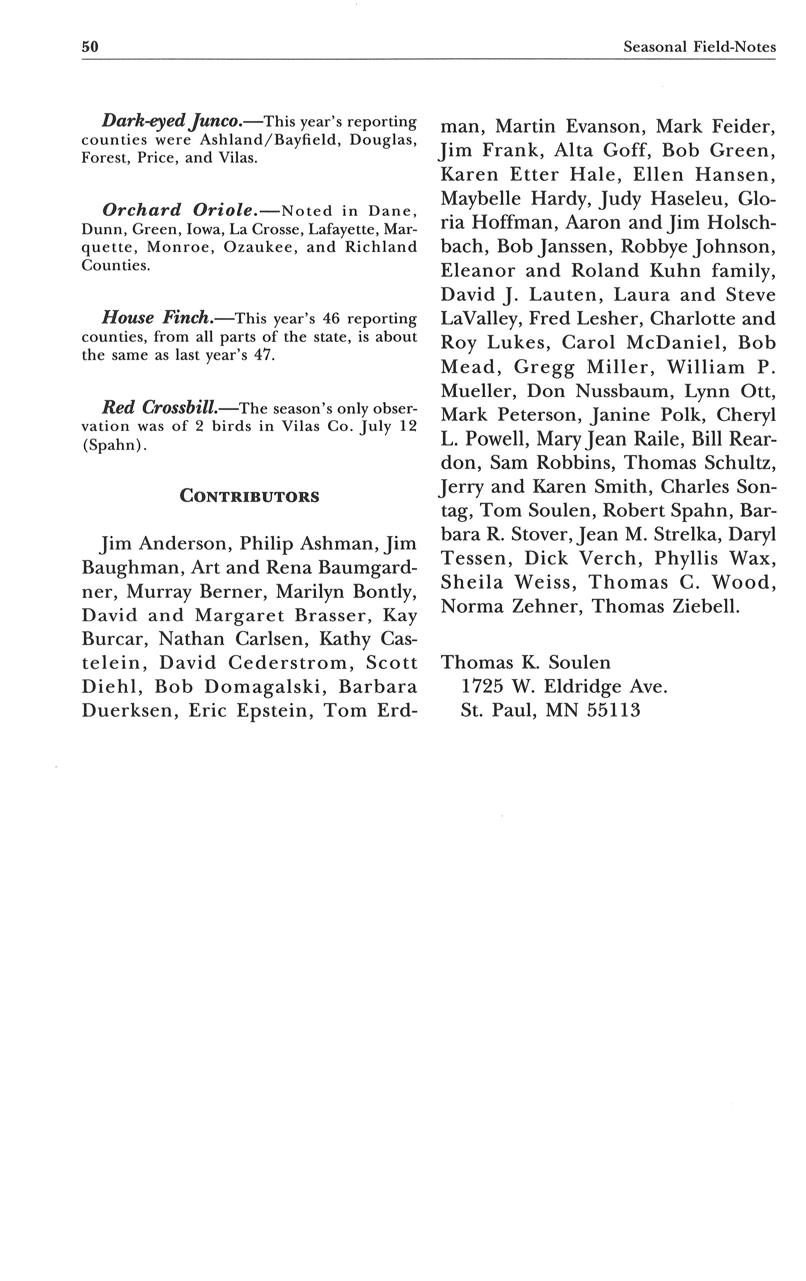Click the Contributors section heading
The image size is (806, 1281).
pos(249,496)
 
